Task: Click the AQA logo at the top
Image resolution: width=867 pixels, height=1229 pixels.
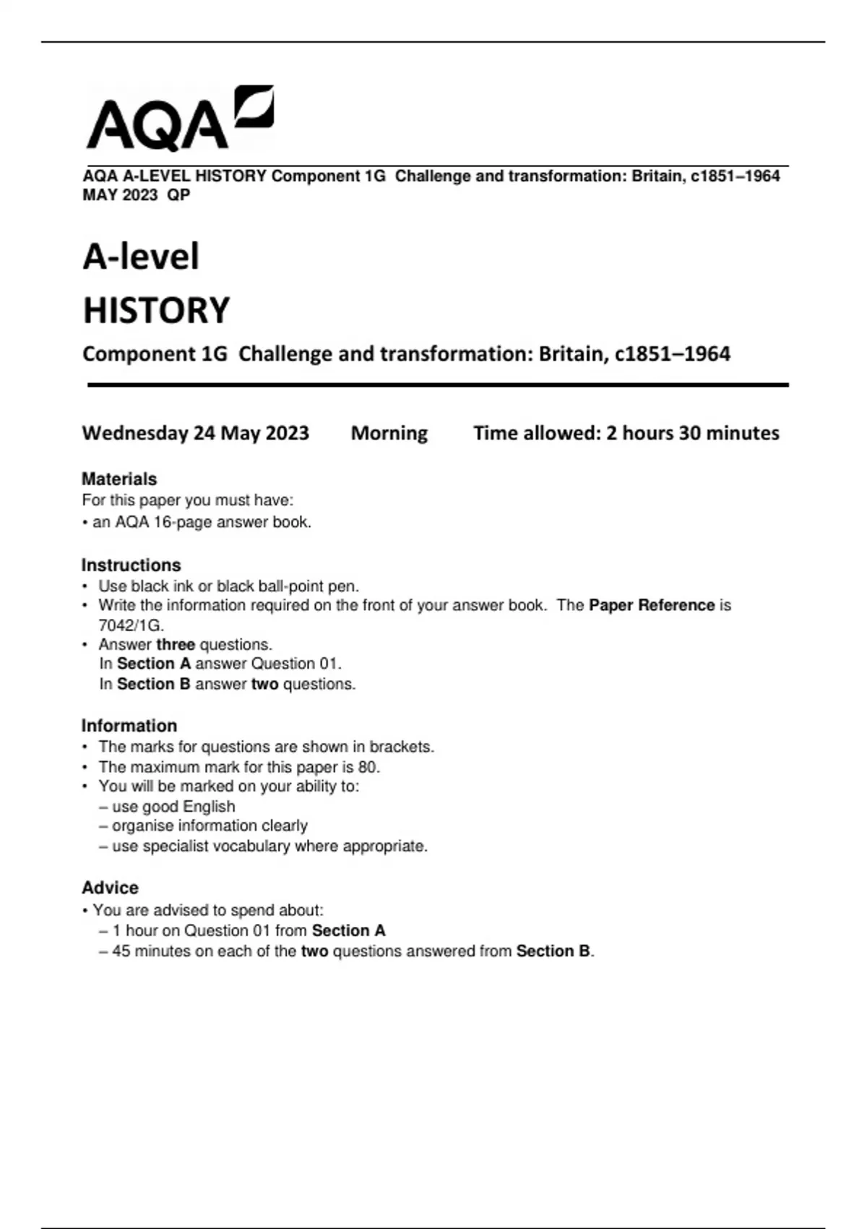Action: (x=179, y=119)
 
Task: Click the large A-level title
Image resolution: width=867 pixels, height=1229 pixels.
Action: (x=141, y=257)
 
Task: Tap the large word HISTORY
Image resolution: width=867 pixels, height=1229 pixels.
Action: (x=156, y=310)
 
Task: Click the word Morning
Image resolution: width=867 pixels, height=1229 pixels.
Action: (x=389, y=433)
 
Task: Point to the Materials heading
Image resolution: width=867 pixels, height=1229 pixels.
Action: (x=119, y=479)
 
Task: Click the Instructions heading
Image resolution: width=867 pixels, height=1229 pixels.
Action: (x=131, y=565)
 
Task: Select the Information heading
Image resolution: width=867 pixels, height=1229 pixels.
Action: (x=129, y=725)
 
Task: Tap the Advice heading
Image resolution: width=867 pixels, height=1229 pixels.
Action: (x=110, y=887)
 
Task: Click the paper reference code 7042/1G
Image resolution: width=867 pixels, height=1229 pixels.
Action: (x=131, y=625)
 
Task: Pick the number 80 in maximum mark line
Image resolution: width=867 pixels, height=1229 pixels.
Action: (x=367, y=767)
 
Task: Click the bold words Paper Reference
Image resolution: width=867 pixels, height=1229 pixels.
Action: (x=651, y=605)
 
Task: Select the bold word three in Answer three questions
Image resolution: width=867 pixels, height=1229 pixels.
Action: (x=176, y=644)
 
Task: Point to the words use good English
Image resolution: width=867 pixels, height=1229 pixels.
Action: (x=173, y=806)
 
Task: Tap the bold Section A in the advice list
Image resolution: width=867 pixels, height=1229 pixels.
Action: (x=348, y=930)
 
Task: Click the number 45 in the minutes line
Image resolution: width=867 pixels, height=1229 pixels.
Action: (x=121, y=951)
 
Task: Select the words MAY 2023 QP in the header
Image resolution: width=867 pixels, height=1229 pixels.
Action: (x=137, y=194)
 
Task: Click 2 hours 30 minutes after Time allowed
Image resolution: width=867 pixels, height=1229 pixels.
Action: (x=692, y=433)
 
